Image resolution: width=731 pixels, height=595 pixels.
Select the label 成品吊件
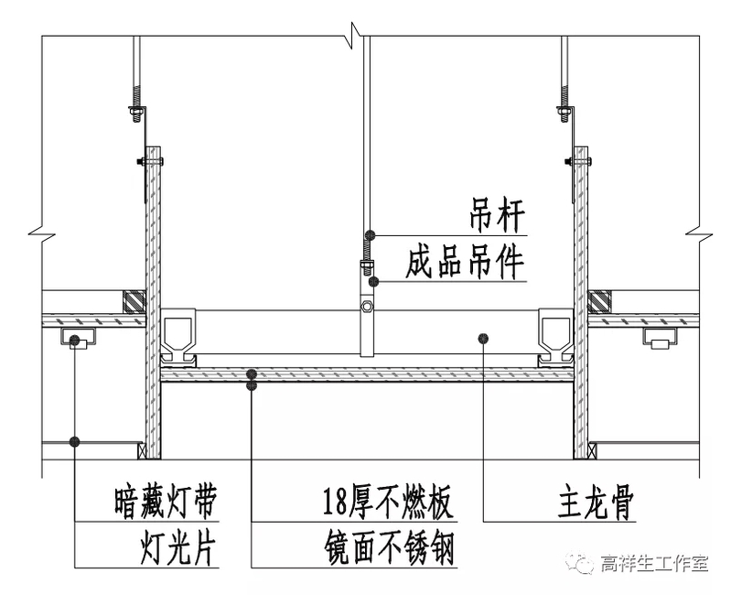[466, 264]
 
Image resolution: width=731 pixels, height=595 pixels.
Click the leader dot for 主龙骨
[483, 338]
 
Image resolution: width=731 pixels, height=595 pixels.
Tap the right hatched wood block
[600, 301]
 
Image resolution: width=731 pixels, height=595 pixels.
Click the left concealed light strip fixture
[77, 341]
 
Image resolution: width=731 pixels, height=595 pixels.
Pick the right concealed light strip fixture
[661, 341]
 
